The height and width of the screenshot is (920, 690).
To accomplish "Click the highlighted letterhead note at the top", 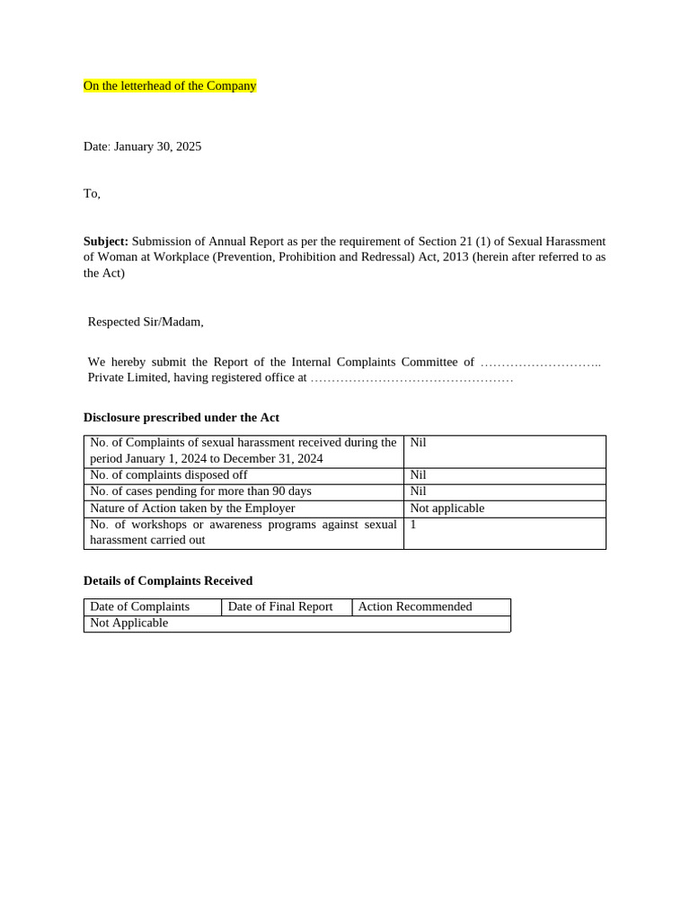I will pos(170,86).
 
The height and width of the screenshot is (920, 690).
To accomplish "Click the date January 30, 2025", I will pos(142,146).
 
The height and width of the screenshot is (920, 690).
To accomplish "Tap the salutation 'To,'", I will pos(92,193).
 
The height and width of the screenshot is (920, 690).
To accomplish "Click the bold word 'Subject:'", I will pos(106,241).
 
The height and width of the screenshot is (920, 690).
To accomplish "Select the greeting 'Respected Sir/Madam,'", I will pos(146,322).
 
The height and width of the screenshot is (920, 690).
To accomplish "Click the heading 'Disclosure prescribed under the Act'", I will pos(181,418).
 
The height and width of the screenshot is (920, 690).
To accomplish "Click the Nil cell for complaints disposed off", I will pos(418,475).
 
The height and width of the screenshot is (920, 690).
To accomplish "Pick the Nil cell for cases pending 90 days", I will pos(418,491).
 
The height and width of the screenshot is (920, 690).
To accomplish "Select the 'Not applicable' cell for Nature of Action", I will pos(447,509).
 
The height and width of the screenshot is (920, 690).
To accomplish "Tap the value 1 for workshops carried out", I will pos(413,525).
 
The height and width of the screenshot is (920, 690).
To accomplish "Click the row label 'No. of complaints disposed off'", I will pos(168,475).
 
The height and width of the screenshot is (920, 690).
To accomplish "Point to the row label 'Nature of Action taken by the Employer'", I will pos(192,509).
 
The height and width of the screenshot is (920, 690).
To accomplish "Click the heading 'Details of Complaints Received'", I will pos(167,580).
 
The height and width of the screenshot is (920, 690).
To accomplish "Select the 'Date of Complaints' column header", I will pos(139,606).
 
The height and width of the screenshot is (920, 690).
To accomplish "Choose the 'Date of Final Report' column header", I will pos(280,606).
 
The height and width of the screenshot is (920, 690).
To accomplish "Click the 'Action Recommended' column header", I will pos(414,606).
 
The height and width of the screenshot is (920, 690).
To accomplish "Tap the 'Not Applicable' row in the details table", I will pos(128,623).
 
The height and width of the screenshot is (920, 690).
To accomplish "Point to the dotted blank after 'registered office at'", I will pos(411,378).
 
